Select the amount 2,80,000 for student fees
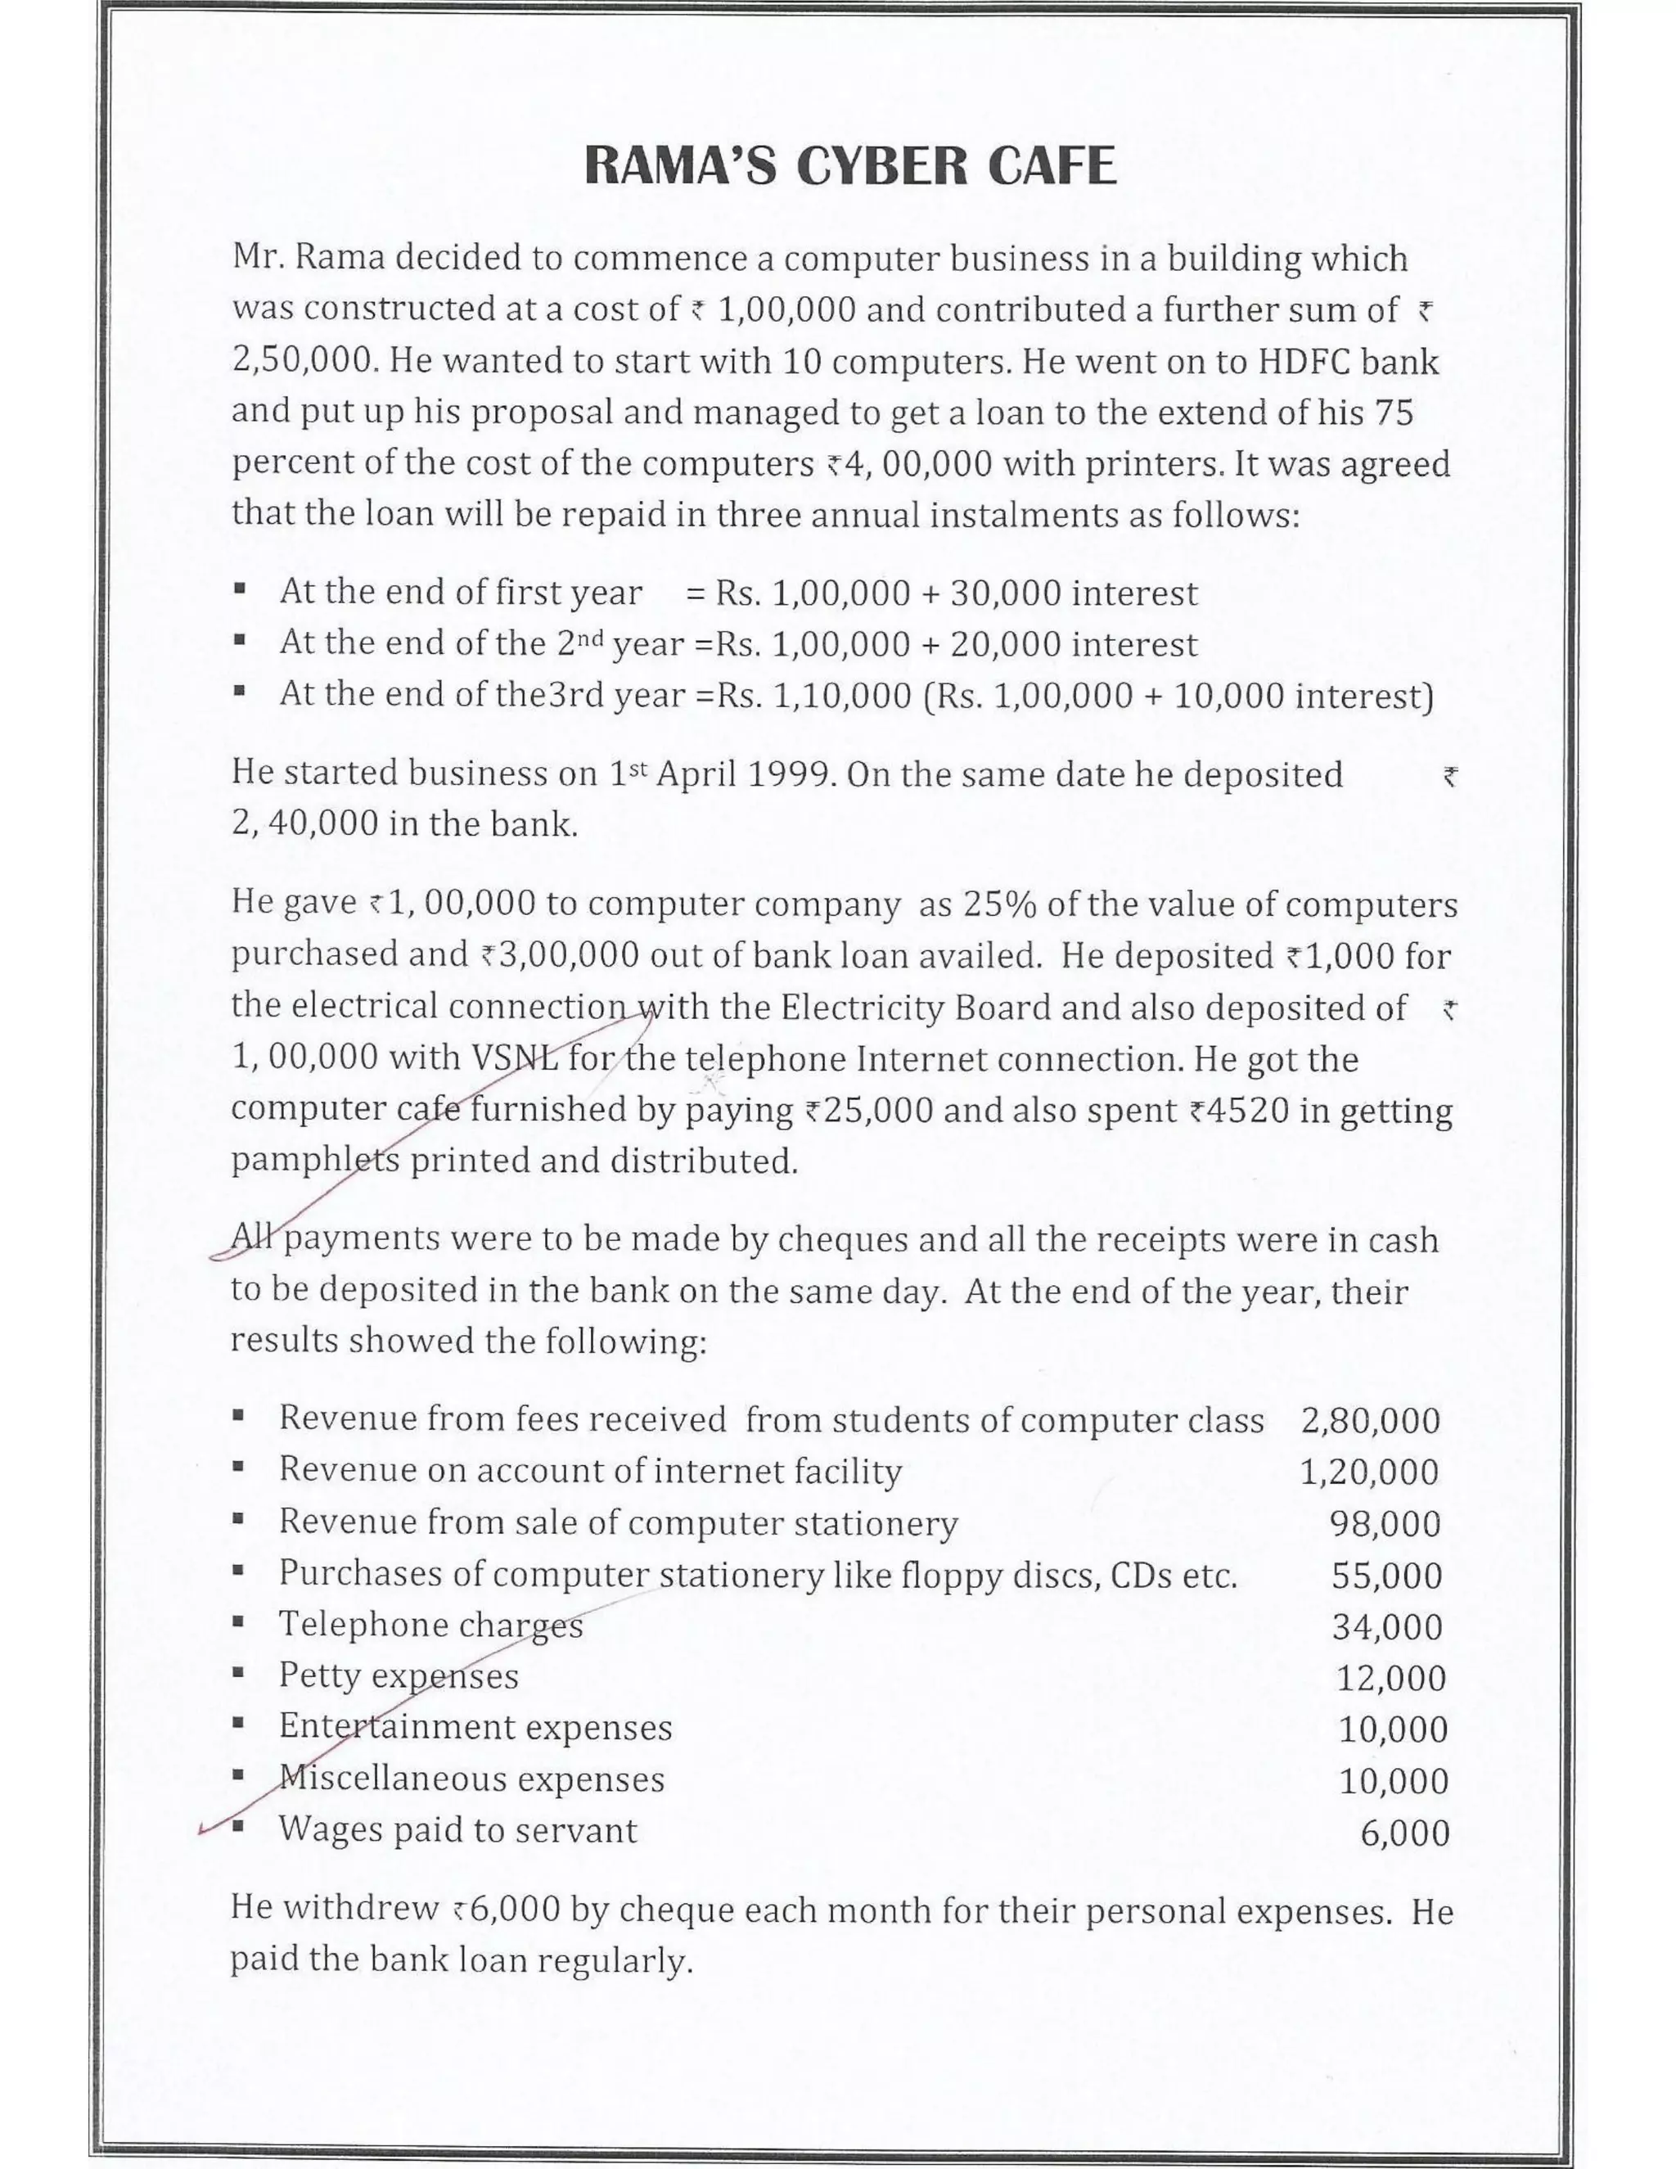tap(1370, 1421)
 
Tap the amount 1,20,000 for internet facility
tap(1369, 1472)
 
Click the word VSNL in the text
tap(516, 1057)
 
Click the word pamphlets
tap(316, 1161)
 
